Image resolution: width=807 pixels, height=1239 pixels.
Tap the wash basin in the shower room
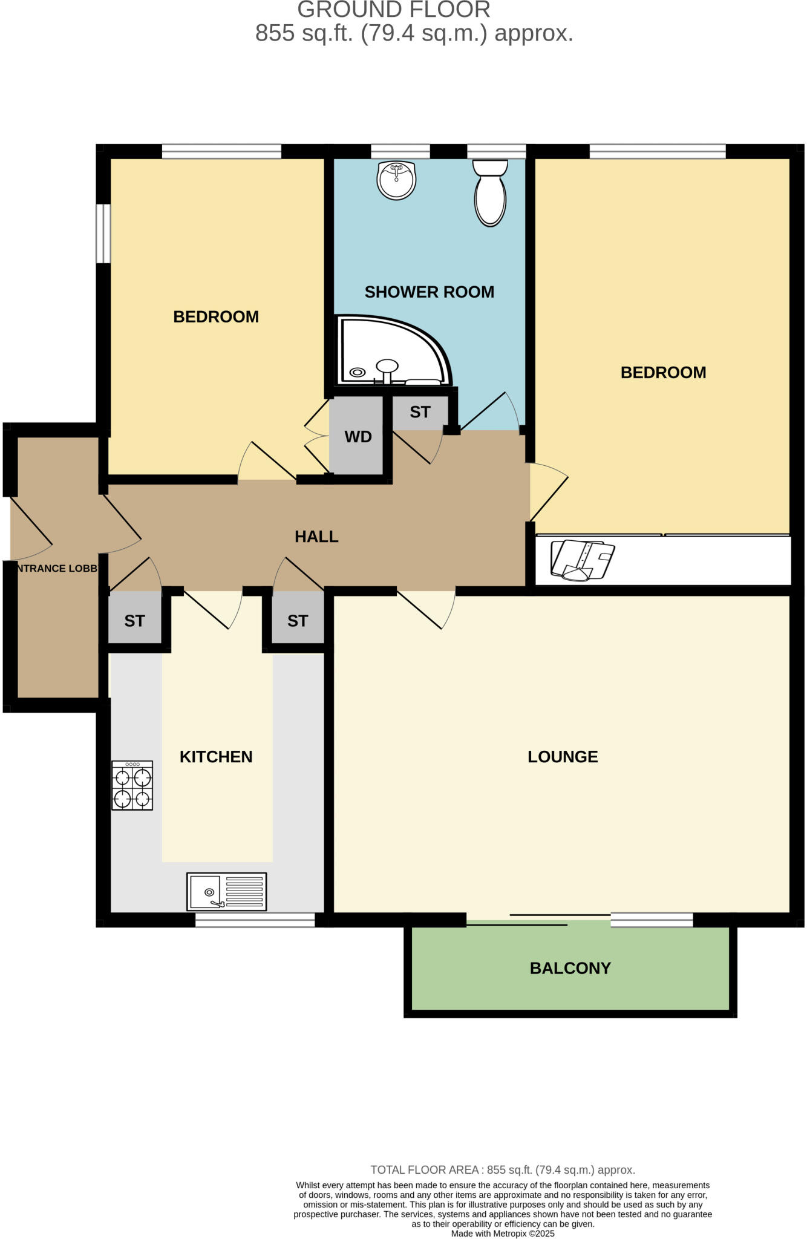pos(396,180)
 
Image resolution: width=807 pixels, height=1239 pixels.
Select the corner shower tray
pos(387,355)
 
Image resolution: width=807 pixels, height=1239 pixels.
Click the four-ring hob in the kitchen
pos(132,785)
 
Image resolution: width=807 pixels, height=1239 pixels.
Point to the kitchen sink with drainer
pos(226,891)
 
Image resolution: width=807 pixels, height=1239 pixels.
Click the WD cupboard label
pos(358,437)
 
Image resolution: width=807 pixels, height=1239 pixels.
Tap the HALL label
pos(316,537)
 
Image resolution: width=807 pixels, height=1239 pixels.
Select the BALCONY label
pos(570,968)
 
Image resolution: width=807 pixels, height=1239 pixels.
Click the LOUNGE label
pos(562,757)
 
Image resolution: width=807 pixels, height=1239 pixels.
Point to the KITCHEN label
pos(215,757)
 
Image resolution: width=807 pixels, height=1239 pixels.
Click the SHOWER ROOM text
pos(429,292)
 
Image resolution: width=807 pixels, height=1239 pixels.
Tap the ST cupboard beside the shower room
pos(420,412)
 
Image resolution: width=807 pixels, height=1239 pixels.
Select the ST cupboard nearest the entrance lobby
pos(134,621)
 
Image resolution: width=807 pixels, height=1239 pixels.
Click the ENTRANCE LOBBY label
pos(56,569)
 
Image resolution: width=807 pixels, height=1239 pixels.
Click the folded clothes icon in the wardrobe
pos(581,560)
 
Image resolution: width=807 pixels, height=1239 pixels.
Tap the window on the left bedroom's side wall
pos(104,234)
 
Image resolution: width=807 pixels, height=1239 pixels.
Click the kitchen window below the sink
pos(255,920)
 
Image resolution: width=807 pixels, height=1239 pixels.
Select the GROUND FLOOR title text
pos(393,10)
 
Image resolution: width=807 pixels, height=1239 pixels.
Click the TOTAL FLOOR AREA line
pos(502,1170)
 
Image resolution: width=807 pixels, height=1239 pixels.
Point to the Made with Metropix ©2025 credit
pos(502,1234)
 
